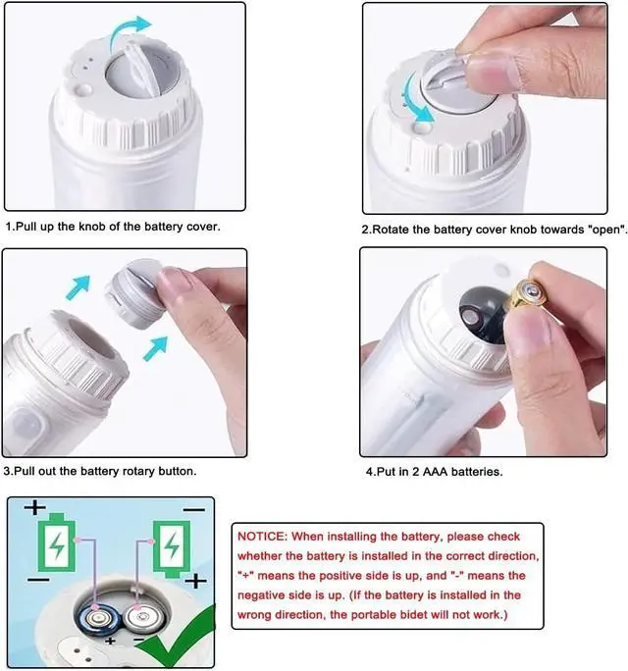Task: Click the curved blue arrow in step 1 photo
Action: click(129, 34)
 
